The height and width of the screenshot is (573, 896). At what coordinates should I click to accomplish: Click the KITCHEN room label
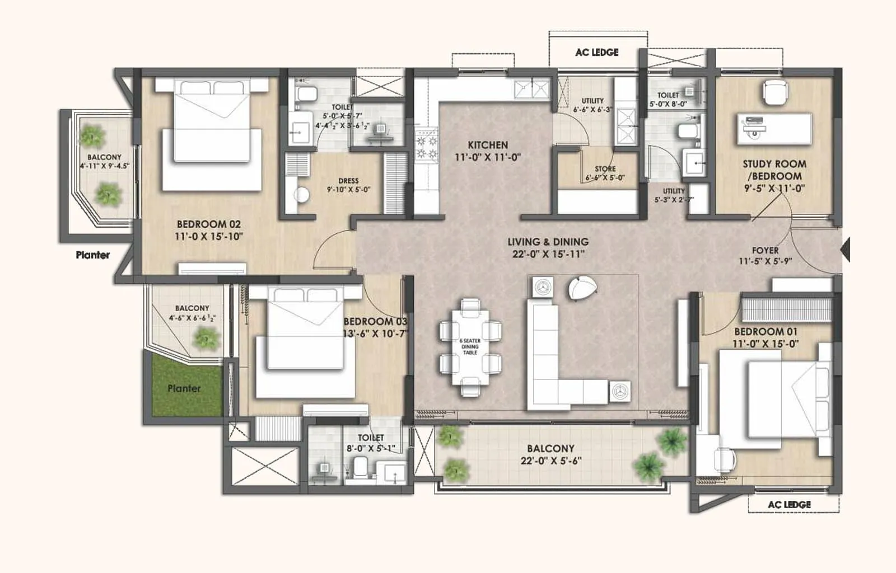pos(488,145)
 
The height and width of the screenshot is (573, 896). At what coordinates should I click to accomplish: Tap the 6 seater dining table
pos(470,347)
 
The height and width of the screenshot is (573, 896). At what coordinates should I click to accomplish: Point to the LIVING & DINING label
pos(548,242)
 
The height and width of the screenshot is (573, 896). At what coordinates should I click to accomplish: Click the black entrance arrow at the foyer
pos(846,249)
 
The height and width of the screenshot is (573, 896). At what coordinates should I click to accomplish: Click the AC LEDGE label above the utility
pos(597,52)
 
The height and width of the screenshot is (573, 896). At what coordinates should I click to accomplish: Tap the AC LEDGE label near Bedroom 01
pos(789,504)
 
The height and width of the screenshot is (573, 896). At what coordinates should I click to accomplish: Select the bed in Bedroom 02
pos(212,134)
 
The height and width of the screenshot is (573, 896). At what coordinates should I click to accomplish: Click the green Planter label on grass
pos(184,388)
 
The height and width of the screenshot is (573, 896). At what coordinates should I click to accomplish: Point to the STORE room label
pos(605,168)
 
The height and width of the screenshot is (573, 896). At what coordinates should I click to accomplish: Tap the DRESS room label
pos(348,181)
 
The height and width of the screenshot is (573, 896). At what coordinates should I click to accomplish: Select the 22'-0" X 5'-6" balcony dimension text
pos(550,461)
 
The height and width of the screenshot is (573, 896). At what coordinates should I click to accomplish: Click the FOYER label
pos(765,250)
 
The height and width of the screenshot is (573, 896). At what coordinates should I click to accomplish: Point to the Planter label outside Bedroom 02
pos(93,255)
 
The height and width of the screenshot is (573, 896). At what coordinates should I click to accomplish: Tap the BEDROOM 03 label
pos(375,321)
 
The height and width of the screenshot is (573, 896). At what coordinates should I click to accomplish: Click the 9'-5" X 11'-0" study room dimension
pos(774,189)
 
